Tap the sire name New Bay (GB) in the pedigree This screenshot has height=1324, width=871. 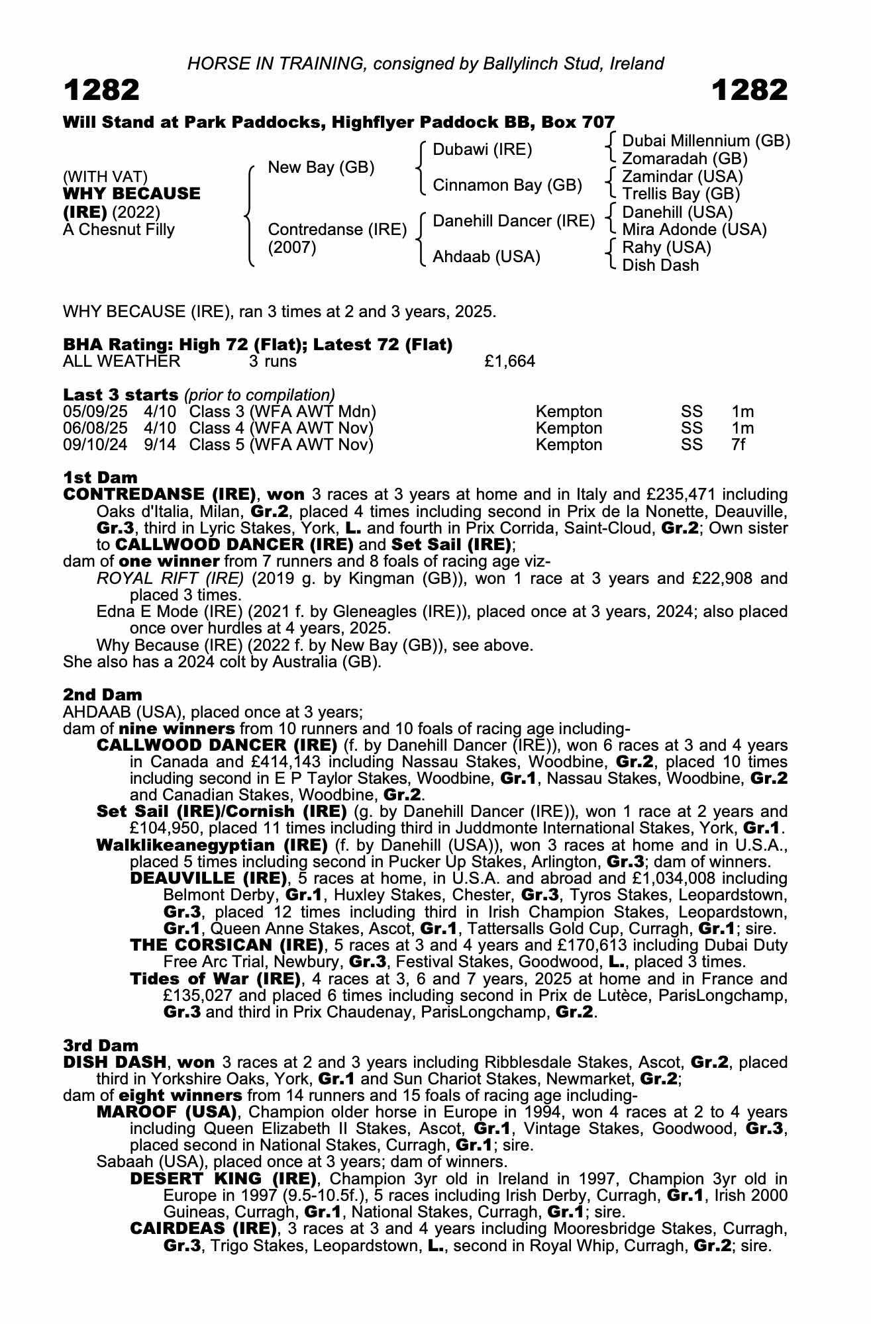point(321,167)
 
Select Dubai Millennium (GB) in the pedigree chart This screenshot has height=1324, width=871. point(706,141)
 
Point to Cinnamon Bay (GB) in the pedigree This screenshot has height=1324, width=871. point(507,185)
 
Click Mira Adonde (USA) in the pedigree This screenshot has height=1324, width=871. point(694,230)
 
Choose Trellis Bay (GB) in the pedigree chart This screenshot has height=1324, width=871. point(681,194)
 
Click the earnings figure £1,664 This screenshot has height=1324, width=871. point(509,361)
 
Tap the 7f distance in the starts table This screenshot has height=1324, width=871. point(739,445)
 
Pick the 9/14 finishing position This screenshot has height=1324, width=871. point(160,445)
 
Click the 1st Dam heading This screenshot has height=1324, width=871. point(100,477)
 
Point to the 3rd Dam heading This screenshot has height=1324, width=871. point(101,1045)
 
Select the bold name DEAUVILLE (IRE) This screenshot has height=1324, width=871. point(210,878)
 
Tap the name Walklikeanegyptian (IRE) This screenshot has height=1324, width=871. point(212,845)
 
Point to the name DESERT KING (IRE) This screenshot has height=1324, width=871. point(223,1178)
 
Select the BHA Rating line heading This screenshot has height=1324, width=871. point(258,345)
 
